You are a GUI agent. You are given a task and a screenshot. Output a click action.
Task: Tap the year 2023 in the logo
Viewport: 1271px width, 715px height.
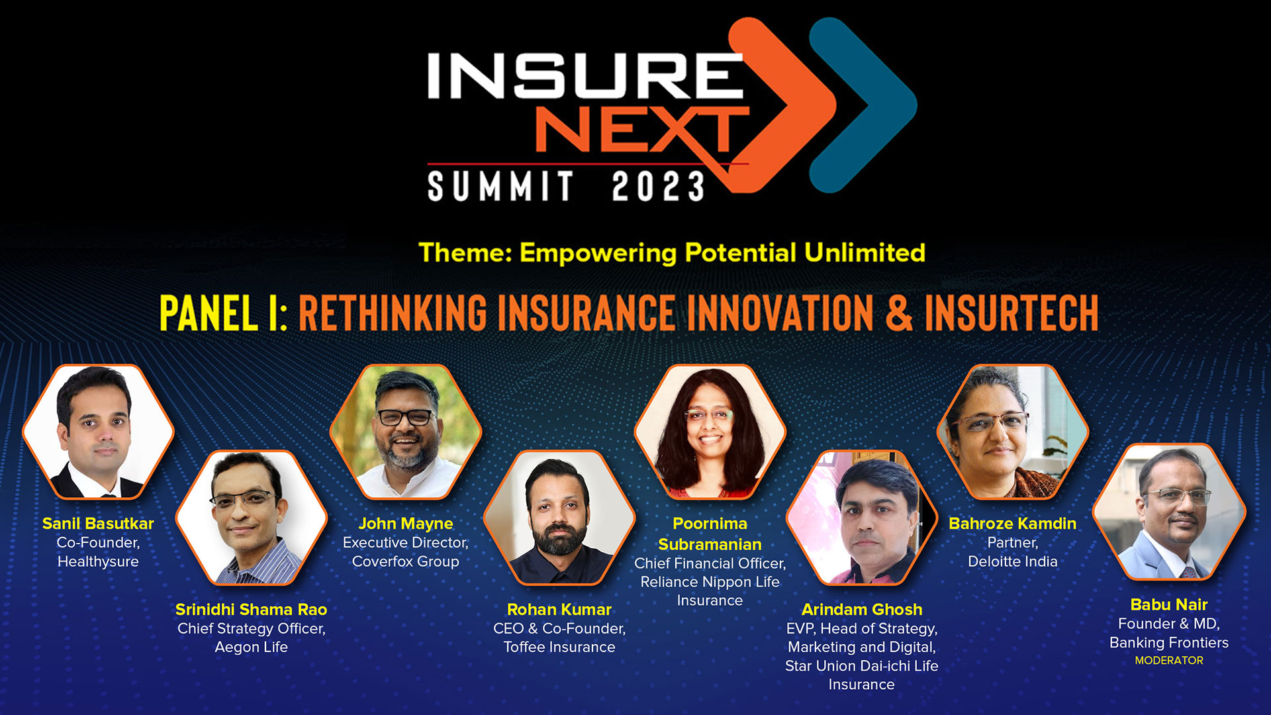pos(658,187)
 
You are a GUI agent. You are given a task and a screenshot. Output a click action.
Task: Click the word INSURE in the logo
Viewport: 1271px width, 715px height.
pos(585,75)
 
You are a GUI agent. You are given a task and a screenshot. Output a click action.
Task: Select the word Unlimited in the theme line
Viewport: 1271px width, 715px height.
pos(865,253)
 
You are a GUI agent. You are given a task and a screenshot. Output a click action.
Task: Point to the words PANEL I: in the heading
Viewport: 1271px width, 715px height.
pos(223,312)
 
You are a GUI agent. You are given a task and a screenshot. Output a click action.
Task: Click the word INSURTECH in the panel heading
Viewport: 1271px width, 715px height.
pos(1012,312)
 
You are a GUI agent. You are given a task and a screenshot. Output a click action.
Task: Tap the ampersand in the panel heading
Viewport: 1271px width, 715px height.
pos(899,312)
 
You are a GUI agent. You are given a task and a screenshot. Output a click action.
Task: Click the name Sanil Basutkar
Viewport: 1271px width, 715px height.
pos(98,524)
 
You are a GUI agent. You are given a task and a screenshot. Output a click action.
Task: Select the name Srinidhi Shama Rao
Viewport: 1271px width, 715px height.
pos(251,610)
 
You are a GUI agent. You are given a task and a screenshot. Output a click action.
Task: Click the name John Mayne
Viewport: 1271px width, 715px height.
pos(406,524)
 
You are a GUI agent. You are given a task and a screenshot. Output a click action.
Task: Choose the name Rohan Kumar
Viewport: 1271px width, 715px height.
pos(559,610)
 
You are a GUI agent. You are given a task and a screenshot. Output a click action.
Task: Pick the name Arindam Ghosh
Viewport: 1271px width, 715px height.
pos(862,610)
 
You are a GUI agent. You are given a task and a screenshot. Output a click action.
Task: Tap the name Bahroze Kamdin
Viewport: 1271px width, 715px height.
pos(1012,524)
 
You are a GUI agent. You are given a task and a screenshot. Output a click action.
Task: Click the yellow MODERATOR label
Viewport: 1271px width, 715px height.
pos(1169,661)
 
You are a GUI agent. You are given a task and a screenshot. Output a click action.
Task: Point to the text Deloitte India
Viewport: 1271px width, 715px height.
pos(1012,561)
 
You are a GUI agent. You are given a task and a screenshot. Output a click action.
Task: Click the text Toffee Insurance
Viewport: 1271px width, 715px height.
pos(559,647)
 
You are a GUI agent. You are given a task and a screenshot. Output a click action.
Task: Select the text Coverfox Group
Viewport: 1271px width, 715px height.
pos(406,561)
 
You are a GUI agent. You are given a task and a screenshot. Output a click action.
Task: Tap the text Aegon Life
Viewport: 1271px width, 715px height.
pos(251,647)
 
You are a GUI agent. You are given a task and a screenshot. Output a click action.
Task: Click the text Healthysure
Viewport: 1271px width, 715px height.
pos(98,561)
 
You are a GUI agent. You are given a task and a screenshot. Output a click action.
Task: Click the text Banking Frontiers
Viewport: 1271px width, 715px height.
pos(1169,642)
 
